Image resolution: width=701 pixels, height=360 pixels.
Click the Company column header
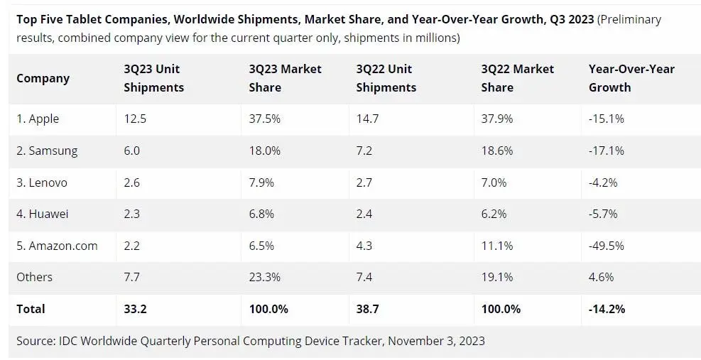point(43,79)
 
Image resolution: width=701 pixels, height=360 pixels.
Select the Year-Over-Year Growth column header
point(631,78)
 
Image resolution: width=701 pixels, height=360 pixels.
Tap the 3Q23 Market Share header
point(286,78)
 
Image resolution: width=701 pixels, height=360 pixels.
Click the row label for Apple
point(38,119)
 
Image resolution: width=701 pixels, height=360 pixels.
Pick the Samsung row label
point(47,151)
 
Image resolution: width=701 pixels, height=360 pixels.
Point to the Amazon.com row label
point(57,246)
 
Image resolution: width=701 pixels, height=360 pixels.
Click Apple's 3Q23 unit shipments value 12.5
point(135,119)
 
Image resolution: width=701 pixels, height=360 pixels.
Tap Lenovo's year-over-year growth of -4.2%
point(603,182)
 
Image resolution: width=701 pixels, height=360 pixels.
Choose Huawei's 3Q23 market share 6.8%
point(261,214)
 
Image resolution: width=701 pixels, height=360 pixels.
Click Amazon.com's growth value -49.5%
point(607,246)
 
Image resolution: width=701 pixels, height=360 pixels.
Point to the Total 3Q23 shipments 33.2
point(135,309)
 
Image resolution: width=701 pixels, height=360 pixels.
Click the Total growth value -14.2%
point(607,309)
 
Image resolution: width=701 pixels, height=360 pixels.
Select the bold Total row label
point(31,309)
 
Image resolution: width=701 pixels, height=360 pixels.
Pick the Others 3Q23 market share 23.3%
point(265,277)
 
